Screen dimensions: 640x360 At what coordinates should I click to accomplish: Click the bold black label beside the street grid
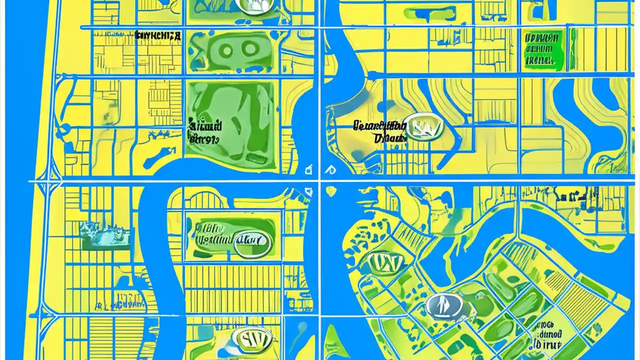tap(158, 36)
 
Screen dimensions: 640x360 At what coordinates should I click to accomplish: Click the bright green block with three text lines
tap(543, 49)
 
